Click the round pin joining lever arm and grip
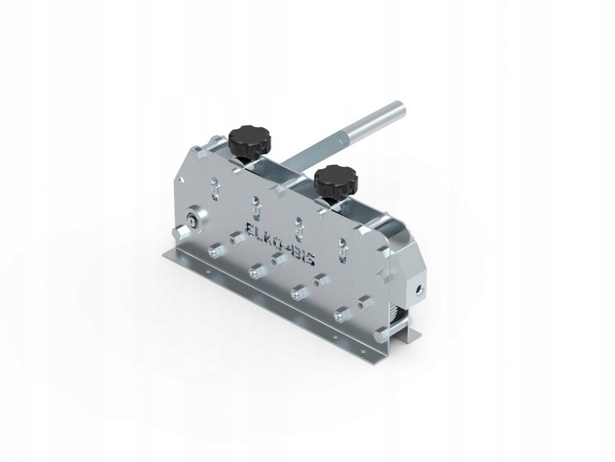pyautogui.click(x=343, y=138)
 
